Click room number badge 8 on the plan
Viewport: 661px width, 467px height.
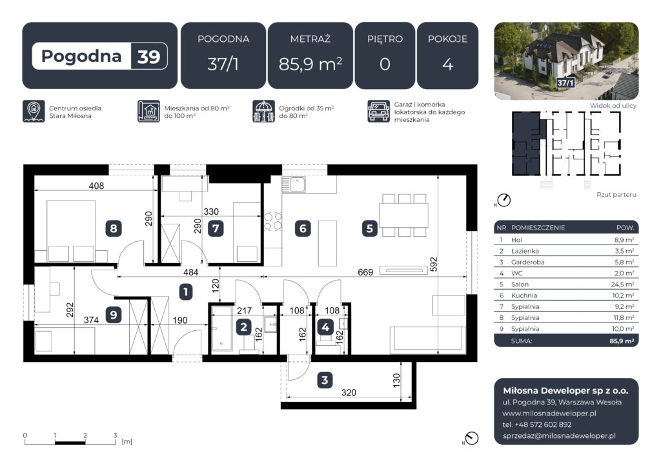click(x=114, y=228)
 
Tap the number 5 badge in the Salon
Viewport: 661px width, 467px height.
click(x=370, y=228)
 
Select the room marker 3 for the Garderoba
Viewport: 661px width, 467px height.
click(x=325, y=381)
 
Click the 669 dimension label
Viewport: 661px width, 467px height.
click(x=365, y=272)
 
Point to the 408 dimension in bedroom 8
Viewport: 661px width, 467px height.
click(x=96, y=186)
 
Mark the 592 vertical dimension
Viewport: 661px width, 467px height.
click(x=433, y=264)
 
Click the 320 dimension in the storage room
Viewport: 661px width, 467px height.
click(x=349, y=392)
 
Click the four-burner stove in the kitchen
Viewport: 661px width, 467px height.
click(x=273, y=221)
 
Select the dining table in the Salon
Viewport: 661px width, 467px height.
click(x=404, y=215)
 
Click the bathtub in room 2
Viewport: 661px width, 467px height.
click(x=222, y=328)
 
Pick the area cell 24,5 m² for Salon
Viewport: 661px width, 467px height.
click(x=622, y=284)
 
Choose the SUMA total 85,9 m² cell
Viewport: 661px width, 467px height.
click(x=622, y=341)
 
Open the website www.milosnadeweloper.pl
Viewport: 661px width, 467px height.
click(x=549, y=413)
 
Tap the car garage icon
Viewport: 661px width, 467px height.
click(x=378, y=111)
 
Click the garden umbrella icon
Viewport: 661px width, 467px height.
click(x=263, y=111)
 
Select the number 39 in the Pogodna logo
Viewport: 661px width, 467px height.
click(x=148, y=56)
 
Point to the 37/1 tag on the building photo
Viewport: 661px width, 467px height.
click(x=565, y=83)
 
